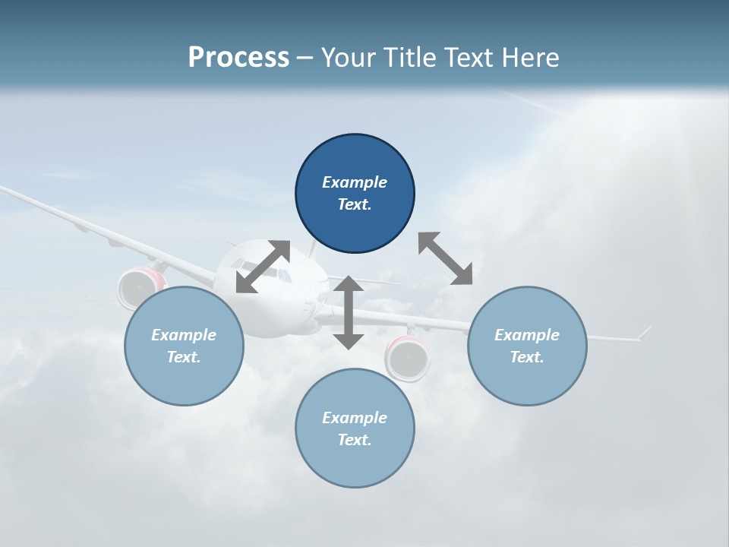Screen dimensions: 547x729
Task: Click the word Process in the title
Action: pyautogui.click(x=238, y=58)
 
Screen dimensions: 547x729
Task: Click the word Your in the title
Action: pyautogui.click(x=348, y=58)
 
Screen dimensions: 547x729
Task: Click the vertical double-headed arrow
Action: pyautogui.click(x=349, y=312)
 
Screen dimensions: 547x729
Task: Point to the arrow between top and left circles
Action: pyautogui.click(x=263, y=267)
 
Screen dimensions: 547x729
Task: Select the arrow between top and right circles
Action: pyautogui.click(x=445, y=258)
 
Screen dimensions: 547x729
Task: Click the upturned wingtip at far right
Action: pyautogui.click(x=643, y=333)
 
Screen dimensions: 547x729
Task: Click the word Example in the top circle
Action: pyautogui.click(x=355, y=182)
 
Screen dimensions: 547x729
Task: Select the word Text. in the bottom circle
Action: pyautogui.click(x=355, y=440)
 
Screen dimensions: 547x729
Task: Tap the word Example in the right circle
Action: pyautogui.click(x=527, y=335)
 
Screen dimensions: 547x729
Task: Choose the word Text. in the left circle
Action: pyautogui.click(x=184, y=357)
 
